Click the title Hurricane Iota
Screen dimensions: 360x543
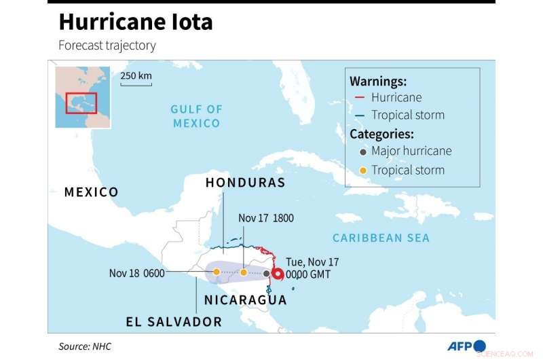(x=136, y=22)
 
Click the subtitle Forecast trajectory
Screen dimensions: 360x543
(x=107, y=46)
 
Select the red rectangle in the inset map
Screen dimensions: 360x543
(x=81, y=103)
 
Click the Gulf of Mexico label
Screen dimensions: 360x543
(x=196, y=116)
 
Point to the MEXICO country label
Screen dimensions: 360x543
(x=91, y=192)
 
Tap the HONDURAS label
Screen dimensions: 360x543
(x=245, y=183)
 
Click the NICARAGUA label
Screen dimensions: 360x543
(x=246, y=300)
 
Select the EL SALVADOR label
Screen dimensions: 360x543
(x=174, y=321)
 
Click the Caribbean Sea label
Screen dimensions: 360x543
(x=381, y=238)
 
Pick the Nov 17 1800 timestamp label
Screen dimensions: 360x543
(x=266, y=218)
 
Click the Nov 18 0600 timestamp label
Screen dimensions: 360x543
(x=137, y=273)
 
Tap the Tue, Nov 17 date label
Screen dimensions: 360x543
(x=312, y=262)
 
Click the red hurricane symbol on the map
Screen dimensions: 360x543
(x=278, y=274)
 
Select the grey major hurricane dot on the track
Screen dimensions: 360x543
(x=266, y=274)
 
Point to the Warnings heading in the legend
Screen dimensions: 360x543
(x=377, y=81)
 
